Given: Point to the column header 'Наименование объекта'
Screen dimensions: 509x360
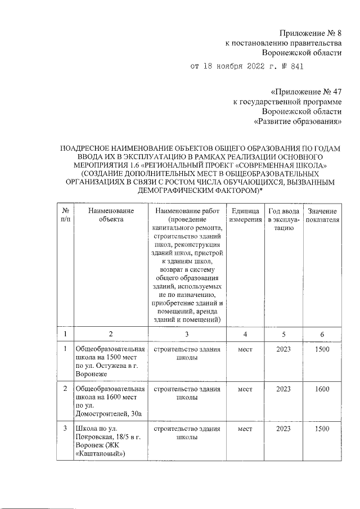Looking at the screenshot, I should click(x=111, y=215).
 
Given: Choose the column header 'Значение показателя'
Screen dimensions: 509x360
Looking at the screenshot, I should click(x=322, y=215).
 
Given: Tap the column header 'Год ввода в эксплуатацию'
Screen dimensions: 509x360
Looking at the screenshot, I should click(x=283, y=219).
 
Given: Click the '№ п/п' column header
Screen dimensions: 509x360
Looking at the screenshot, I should click(x=65, y=215).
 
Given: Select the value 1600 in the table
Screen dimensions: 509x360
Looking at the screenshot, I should click(x=322, y=388).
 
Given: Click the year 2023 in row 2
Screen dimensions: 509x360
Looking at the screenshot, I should click(x=283, y=388).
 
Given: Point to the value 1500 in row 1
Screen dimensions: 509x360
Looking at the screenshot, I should click(x=322, y=349).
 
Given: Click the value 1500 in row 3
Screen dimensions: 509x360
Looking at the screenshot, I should click(x=322, y=429).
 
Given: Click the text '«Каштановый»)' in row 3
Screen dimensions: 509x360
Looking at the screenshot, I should click(x=100, y=453).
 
